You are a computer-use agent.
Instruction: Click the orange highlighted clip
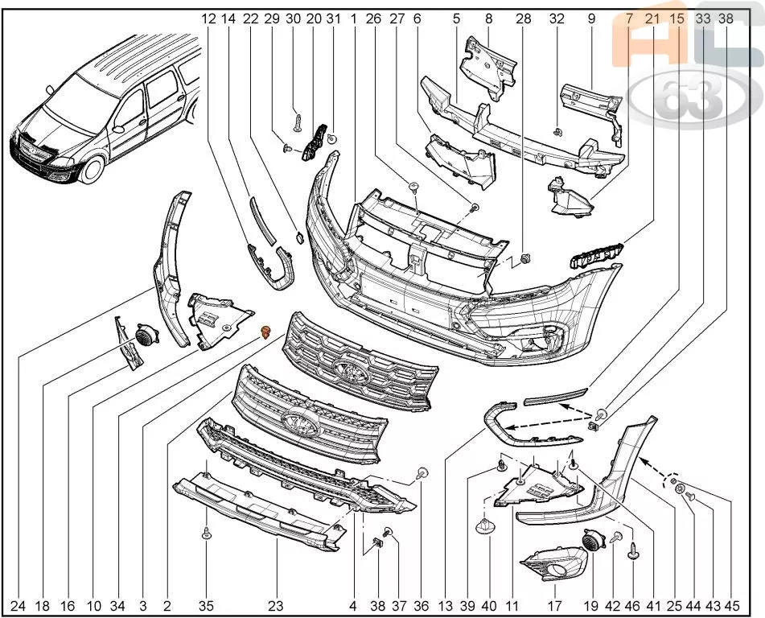266,332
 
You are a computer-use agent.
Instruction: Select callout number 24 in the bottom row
18,606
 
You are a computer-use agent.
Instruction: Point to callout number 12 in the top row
208,19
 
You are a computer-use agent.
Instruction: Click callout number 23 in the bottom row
276,606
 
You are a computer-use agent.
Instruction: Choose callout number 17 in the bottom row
555,606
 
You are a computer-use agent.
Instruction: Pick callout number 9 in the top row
591,19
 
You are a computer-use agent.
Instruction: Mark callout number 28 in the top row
524,19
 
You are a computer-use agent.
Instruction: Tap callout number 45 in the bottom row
732,606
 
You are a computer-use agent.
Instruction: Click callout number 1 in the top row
353,19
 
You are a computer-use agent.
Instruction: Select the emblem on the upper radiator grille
351,373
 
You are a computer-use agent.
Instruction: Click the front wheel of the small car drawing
91,170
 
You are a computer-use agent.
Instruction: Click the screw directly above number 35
206,533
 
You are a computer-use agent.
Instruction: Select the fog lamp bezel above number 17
553,564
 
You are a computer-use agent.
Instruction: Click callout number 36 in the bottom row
421,606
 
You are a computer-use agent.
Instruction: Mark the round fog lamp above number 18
145,335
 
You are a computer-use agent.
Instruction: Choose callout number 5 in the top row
456,19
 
